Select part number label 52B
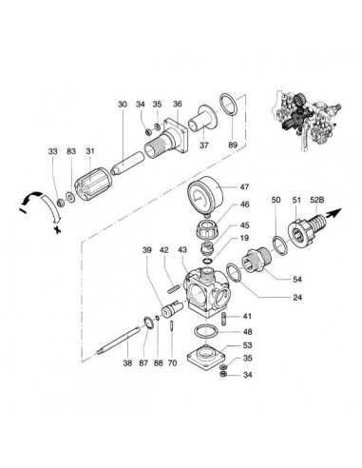316,200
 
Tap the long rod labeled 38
119,341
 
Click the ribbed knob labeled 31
93,185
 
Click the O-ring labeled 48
205,332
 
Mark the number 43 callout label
182,250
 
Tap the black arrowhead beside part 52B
336,212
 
